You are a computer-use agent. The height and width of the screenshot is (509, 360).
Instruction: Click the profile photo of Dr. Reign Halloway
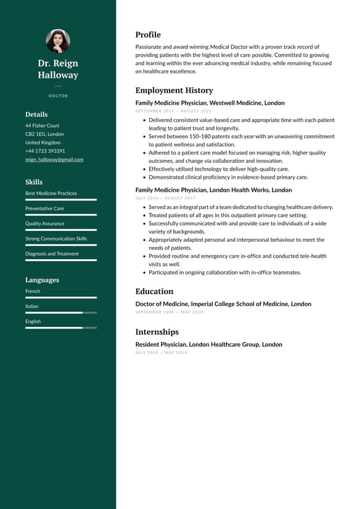pos(58,41)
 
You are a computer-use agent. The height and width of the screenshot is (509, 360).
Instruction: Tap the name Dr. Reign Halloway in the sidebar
pos(58,69)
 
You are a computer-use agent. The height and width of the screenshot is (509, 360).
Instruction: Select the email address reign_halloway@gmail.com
pos(54,159)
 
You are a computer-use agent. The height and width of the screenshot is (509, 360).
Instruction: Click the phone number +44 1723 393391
pos(45,151)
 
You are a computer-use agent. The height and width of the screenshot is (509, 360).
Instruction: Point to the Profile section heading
pos(148,35)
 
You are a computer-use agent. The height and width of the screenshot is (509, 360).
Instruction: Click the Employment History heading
pos(174,90)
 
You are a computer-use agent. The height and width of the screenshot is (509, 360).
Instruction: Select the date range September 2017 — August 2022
pos(173,111)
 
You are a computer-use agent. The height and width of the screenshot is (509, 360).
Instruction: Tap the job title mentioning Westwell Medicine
pos(210,103)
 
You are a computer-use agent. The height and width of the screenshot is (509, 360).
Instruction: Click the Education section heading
pos(154,291)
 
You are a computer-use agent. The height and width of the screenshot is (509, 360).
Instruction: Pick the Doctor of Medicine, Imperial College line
pos(223,304)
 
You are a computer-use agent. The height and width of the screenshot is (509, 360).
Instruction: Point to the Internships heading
pos(157,332)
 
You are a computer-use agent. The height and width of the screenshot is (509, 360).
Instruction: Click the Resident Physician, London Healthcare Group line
pos(208,344)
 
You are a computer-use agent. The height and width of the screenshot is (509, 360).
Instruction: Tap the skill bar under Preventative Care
pos(61,215)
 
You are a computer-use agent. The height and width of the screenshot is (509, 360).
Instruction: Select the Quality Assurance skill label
pos(44,223)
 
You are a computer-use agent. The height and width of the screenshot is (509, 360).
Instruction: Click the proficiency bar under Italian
pos(61,313)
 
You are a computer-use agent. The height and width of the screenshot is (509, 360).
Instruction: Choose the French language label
pos(33,291)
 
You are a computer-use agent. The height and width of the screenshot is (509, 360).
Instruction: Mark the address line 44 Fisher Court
pos(42,125)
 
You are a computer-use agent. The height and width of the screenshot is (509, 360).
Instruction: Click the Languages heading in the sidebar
pos(42,280)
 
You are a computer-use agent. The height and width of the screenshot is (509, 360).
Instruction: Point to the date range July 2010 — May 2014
pos(161,353)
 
